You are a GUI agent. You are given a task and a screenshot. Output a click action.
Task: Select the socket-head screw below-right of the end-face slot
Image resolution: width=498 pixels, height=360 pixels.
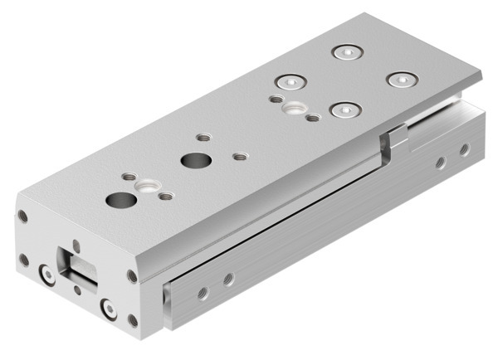click(108, 309)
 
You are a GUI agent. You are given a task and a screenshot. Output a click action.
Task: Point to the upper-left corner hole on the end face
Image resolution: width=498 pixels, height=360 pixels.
click(23, 217)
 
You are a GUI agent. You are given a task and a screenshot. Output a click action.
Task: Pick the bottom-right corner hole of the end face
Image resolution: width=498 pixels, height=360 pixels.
click(133, 319)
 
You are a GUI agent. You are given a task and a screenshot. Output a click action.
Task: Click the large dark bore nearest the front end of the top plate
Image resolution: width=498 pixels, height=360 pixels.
click(121, 200)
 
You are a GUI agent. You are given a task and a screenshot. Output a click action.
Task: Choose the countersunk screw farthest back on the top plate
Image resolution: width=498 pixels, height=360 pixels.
click(345, 52)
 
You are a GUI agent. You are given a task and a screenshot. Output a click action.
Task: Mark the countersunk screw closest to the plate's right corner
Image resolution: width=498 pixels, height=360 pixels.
click(403, 80)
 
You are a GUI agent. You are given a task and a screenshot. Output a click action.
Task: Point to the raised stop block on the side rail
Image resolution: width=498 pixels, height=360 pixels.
click(398, 135)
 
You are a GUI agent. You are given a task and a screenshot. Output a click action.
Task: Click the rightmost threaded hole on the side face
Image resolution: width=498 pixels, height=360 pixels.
click(464, 149)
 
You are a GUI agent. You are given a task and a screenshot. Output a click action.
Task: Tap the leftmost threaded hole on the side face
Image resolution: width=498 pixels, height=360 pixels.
click(203, 292)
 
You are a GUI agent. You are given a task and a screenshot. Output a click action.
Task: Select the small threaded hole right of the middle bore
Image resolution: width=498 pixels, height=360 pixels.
click(240, 155)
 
